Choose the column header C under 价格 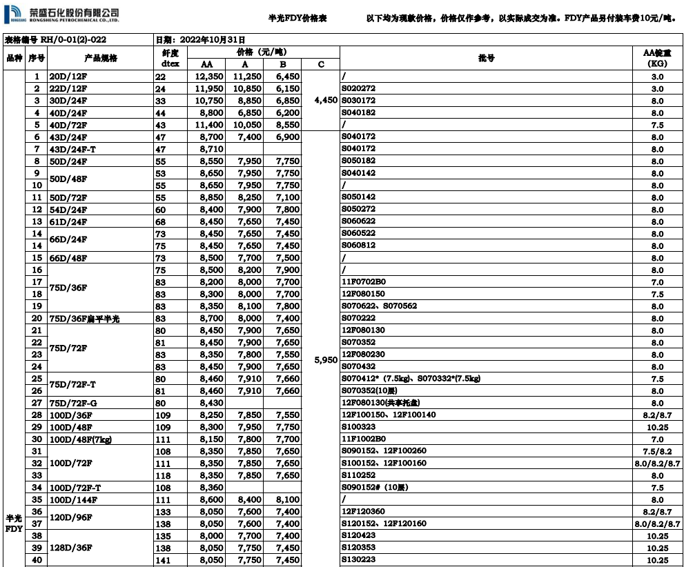pos(321,64)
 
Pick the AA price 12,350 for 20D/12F pos(210,77)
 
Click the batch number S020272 pos(358,88)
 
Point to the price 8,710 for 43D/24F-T pos(210,149)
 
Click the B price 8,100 pos(287,499)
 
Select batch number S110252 pos(358,475)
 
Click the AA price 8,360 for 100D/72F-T pos(210,488)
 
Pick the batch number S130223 pos(358,560)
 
